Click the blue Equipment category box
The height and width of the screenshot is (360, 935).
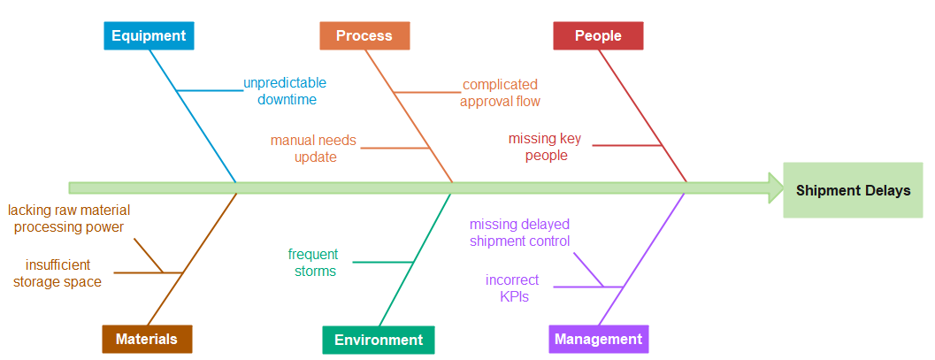coord(149,35)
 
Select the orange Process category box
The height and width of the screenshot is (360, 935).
coord(364,35)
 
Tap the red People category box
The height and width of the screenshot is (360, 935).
coord(598,35)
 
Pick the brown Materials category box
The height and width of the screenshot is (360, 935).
coord(147,339)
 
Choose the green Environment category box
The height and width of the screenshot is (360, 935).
coord(379,340)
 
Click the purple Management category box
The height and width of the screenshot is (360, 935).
coord(598,339)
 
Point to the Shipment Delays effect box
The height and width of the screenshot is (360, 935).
coord(854,190)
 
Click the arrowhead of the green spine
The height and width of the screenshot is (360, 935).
coord(776,188)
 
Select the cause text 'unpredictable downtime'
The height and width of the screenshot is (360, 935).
coord(286,91)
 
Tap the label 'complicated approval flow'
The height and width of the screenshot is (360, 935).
coord(500,93)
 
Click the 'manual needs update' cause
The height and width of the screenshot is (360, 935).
coord(314,149)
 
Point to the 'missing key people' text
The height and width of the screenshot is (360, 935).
coord(545,147)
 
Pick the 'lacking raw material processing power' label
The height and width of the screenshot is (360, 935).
coord(69,218)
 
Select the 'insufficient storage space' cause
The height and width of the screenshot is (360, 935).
coord(57,273)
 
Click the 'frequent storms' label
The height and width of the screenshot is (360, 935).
coord(313,263)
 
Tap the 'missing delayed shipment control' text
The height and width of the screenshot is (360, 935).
coord(520,233)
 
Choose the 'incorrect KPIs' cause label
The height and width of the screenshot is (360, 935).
coord(513,287)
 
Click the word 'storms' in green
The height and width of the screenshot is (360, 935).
coord(316,272)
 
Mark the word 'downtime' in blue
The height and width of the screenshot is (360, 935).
coord(287,100)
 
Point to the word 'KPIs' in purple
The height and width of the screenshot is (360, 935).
coord(515,296)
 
